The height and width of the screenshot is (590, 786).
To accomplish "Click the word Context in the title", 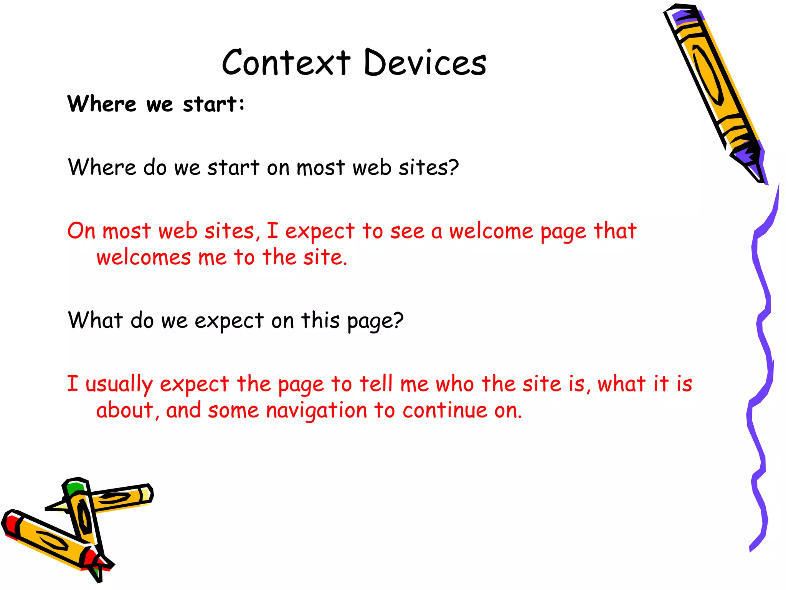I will (286, 62).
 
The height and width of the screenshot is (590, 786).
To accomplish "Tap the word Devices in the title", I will (425, 62).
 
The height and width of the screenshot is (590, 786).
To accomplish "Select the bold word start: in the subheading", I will (213, 104).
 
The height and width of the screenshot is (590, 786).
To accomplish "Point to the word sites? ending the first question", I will (429, 168).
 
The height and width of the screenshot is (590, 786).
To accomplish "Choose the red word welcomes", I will (144, 257).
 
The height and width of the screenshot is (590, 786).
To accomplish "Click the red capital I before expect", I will (272, 231).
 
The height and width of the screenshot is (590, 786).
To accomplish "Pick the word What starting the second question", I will (95, 320).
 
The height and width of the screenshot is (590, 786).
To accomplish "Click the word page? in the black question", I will (375, 321).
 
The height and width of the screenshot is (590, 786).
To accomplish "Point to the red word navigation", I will (317, 411).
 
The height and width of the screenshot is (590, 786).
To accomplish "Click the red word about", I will (125, 411).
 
